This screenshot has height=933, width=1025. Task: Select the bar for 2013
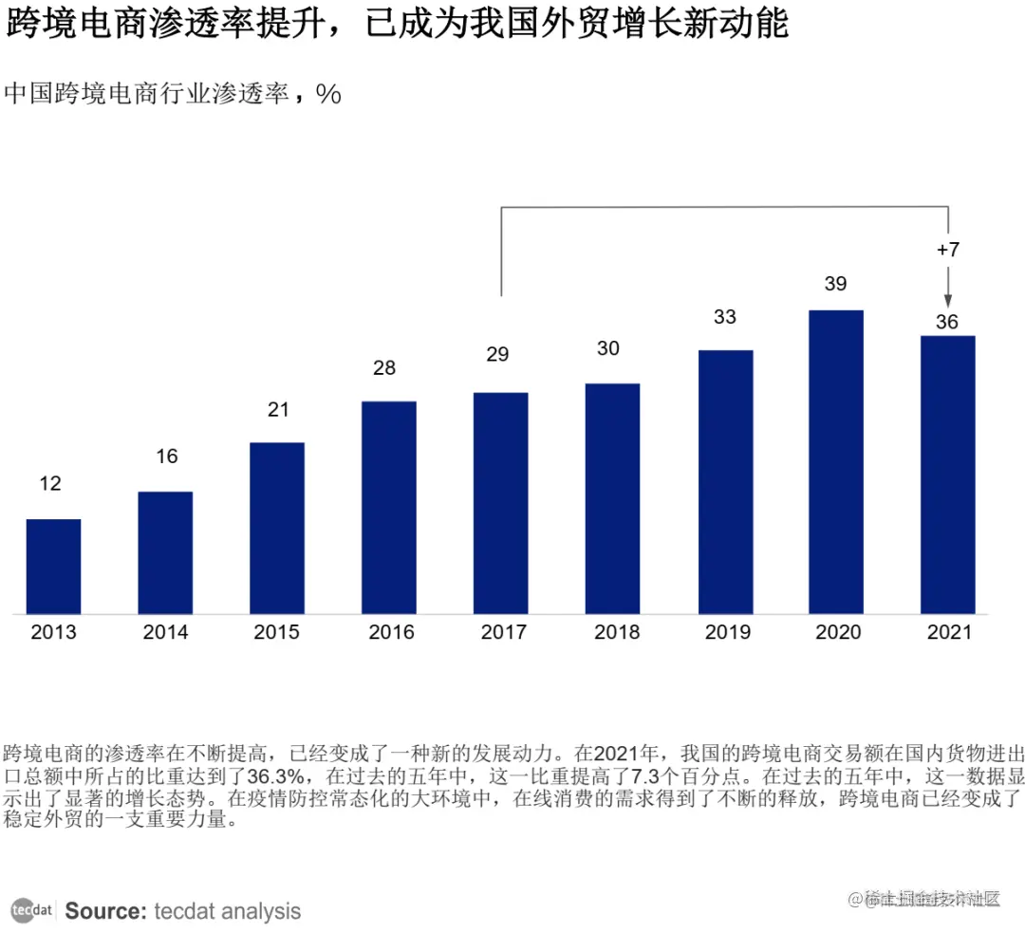(x=53, y=566)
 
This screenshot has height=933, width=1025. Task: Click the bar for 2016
(x=388, y=507)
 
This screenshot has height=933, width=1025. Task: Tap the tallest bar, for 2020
(x=835, y=461)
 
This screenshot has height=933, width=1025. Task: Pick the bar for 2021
(x=947, y=474)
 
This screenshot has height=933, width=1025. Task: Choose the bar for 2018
(x=612, y=498)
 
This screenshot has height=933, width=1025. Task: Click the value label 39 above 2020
(x=835, y=284)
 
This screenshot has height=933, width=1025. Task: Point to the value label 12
(x=50, y=484)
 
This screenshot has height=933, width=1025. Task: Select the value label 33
(x=724, y=317)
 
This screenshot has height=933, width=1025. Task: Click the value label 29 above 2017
(x=497, y=355)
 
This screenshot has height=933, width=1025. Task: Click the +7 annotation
(x=947, y=251)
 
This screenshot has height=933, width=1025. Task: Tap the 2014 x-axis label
(x=165, y=632)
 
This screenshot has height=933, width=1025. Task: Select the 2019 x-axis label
(x=727, y=632)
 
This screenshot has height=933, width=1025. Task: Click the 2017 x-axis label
(x=503, y=632)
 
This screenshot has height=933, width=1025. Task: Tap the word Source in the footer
(x=104, y=911)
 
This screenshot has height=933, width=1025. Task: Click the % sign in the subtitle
(x=328, y=94)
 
